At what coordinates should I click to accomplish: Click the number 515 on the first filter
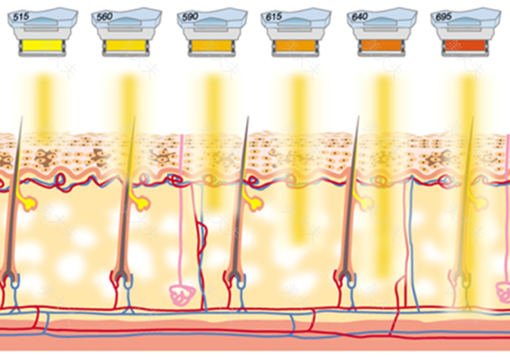pos(21,17)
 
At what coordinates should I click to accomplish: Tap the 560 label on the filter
pos(105,17)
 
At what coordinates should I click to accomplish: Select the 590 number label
pos(190,17)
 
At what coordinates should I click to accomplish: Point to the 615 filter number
pos(274,17)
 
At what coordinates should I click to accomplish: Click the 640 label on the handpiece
pos(360,17)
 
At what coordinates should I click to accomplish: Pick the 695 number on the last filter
pos(443,17)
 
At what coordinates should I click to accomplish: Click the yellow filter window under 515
pos(42,46)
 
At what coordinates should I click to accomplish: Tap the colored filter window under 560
pos(125,46)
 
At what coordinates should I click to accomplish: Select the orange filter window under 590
pos(211,46)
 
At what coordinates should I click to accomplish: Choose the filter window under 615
pos(295,46)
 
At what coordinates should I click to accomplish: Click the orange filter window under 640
pos(381,46)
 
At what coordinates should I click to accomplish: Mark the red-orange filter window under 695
pos(465,46)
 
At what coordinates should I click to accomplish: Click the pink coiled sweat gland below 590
pos(182,295)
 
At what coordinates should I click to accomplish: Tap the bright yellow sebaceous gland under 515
pos(28,201)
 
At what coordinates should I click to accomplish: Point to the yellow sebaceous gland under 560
pos(140,201)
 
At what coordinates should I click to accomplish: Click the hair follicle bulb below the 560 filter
pos(122,278)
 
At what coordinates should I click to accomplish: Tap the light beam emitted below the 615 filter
pos(298,159)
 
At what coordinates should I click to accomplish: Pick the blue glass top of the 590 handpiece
pos(212,19)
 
